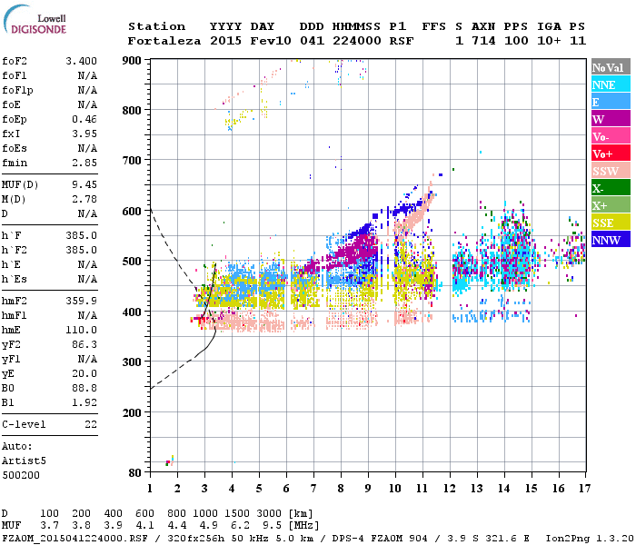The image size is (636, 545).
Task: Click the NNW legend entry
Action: pyautogui.click(x=610, y=240)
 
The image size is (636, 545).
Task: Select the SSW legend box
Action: pyautogui.click(x=610, y=171)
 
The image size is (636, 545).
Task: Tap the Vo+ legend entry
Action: pyautogui.click(x=610, y=154)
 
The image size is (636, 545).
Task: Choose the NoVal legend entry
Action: pyautogui.click(x=610, y=67)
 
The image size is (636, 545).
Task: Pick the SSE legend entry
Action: pyautogui.click(x=610, y=223)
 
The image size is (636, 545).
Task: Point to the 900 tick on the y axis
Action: pyautogui.click(x=133, y=60)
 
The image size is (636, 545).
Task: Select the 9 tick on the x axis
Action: pyautogui.click(x=368, y=488)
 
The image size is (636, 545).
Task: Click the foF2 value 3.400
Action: pyautogui.click(x=82, y=61)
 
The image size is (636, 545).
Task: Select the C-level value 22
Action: pyautogui.click(x=90, y=424)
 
